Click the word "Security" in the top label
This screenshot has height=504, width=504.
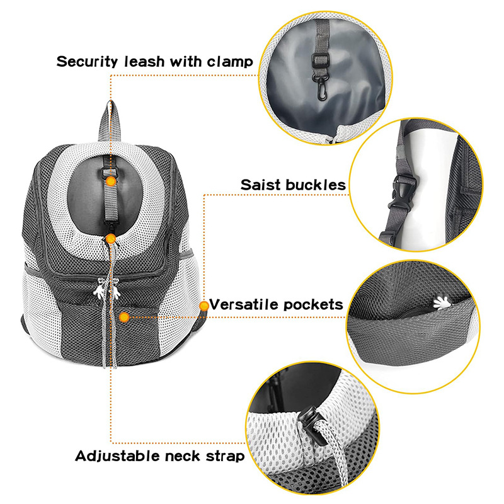(x=87, y=62)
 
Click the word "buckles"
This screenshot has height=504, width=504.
(x=316, y=185)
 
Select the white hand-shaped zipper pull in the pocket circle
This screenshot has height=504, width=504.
(x=442, y=303)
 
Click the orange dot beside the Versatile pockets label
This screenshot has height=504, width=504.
(x=203, y=306)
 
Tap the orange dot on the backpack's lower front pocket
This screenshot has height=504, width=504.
(x=124, y=318)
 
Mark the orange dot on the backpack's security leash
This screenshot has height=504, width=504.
(x=112, y=181)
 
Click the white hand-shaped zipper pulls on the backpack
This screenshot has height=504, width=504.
(x=107, y=288)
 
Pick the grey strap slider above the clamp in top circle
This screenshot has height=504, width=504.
(x=321, y=59)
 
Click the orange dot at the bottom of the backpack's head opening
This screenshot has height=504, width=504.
(x=111, y=239)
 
